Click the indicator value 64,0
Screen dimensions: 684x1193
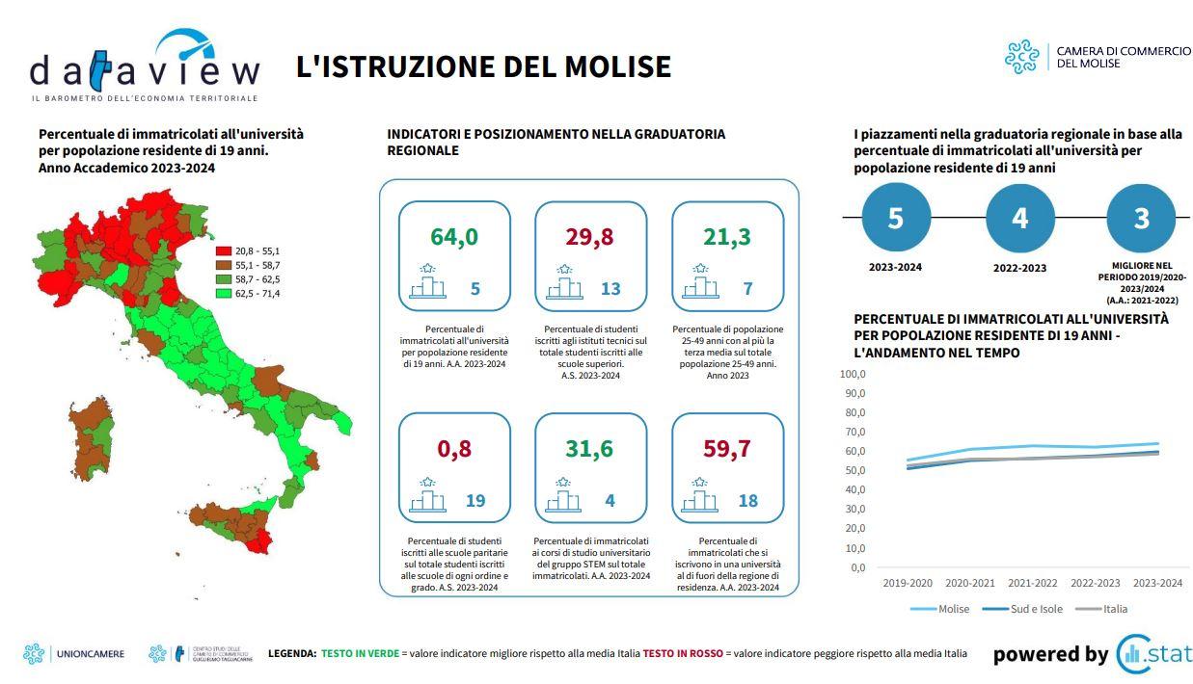454,237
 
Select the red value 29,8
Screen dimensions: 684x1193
590,237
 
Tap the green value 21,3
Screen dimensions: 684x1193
727,237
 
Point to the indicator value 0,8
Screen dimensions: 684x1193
454,449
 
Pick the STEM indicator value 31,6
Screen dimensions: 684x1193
590,449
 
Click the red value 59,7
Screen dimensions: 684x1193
727,449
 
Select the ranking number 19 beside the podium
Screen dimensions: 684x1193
475,501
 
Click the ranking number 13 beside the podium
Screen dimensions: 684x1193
610,289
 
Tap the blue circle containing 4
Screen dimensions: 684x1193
1019,219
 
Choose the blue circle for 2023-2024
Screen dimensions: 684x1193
896,219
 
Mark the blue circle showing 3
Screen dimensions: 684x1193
1142,219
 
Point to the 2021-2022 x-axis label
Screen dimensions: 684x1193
1033,583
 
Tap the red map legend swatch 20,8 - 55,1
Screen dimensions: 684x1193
223,251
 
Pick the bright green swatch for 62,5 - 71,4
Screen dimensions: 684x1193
223,293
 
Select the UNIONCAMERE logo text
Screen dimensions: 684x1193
93,654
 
